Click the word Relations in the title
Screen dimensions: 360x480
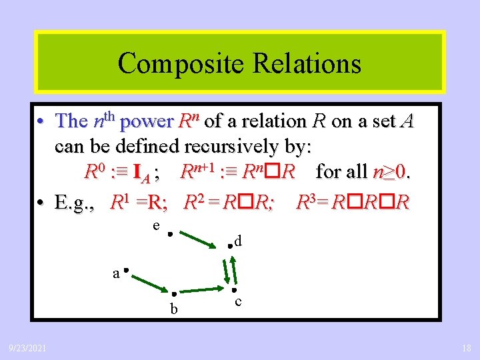pos(304,63)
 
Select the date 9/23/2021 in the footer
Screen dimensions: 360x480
pos(27,347)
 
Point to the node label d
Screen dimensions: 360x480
pos(237,240)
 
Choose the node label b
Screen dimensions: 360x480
pos(173,309)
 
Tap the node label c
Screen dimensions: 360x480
pos(239,302)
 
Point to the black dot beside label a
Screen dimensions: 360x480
pos(125,271)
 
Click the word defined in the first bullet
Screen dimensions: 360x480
pos(152,145)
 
